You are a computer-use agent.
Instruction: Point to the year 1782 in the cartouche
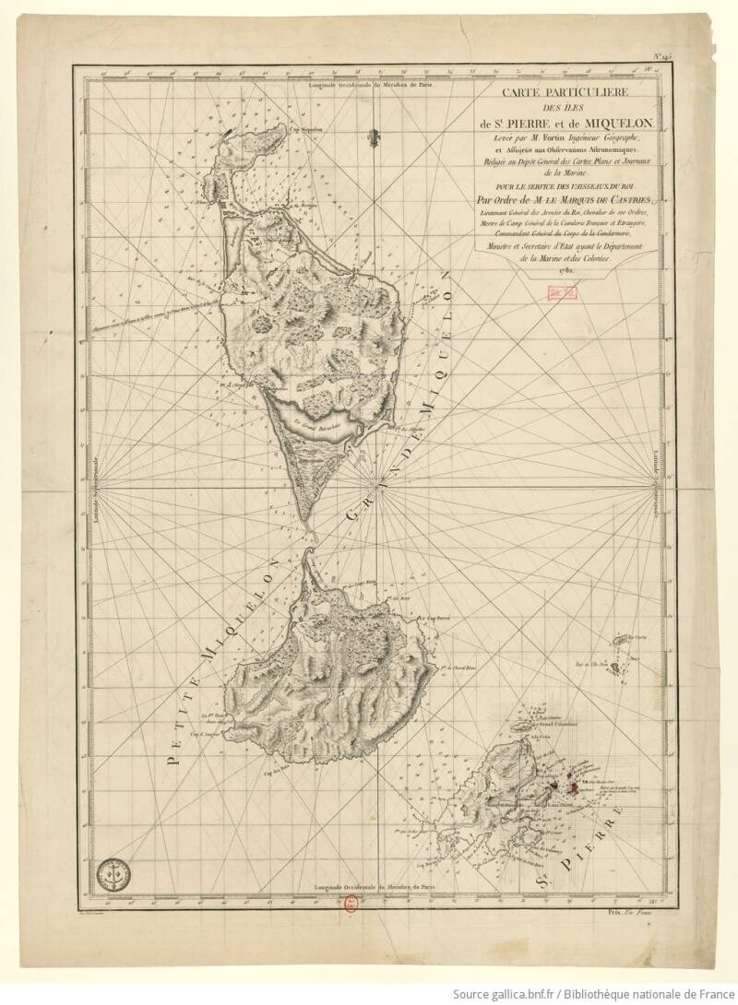tap(563, 270)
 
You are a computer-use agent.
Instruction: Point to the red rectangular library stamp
tap(560, 291)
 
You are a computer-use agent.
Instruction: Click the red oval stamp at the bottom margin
tap(351, 904)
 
